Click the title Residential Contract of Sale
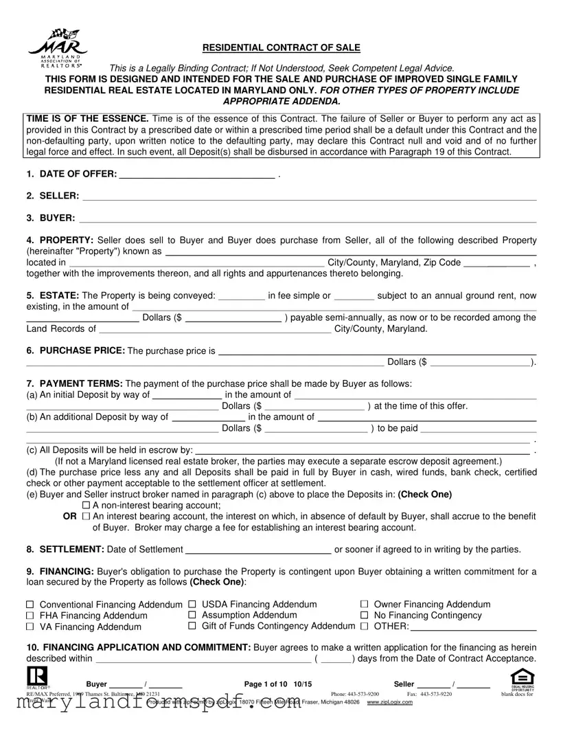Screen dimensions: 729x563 (x=281, y=47)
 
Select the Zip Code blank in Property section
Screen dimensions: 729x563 (x=496, y=262)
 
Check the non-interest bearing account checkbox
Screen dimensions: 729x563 (x=95, y=505)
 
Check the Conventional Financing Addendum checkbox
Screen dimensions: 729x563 (x=30, y=605)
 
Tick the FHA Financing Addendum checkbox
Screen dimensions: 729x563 (x=30, y=616)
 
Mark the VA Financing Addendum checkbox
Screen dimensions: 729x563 (x=30, y=627)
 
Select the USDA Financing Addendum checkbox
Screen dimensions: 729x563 (x=192, y=604)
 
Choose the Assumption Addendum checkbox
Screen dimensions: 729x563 (x=192, y=615)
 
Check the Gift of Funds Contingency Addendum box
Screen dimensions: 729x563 (x=192, y=626)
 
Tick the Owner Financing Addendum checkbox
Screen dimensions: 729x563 (x=365, y=604)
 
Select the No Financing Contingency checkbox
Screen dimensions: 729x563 (x=365, y=615)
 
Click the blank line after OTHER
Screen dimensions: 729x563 (x=473, y=627)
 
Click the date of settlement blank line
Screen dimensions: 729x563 (x=258, y=549)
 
